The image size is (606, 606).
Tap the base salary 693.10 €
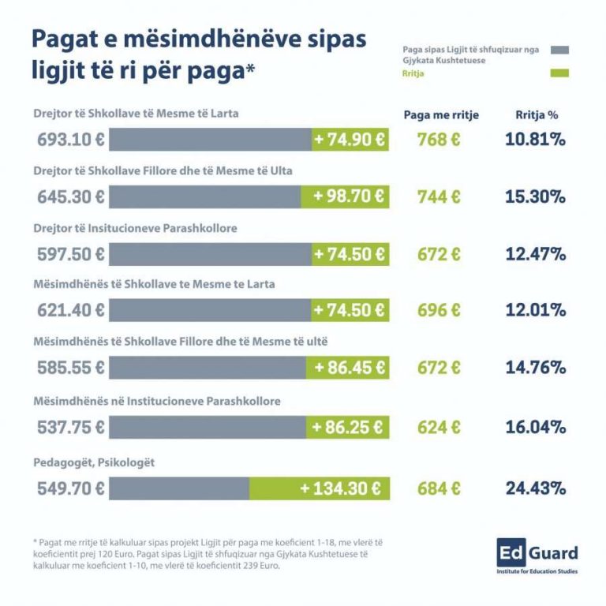tap(71, 140)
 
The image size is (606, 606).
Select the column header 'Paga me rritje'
tap(440, 114)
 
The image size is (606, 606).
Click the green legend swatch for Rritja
tap(559, 74)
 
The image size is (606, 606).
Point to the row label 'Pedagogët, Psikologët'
tap(94, 462)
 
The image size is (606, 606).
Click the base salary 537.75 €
tap(71, 427)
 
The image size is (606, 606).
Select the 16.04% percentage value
tap(536, 427)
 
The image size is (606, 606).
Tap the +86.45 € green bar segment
tap(348, 368)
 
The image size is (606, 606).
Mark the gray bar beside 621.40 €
tap(209, 310)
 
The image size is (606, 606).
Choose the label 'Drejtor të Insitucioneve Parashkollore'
tap(135, 228)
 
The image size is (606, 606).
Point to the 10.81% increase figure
tap(536, 140)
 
